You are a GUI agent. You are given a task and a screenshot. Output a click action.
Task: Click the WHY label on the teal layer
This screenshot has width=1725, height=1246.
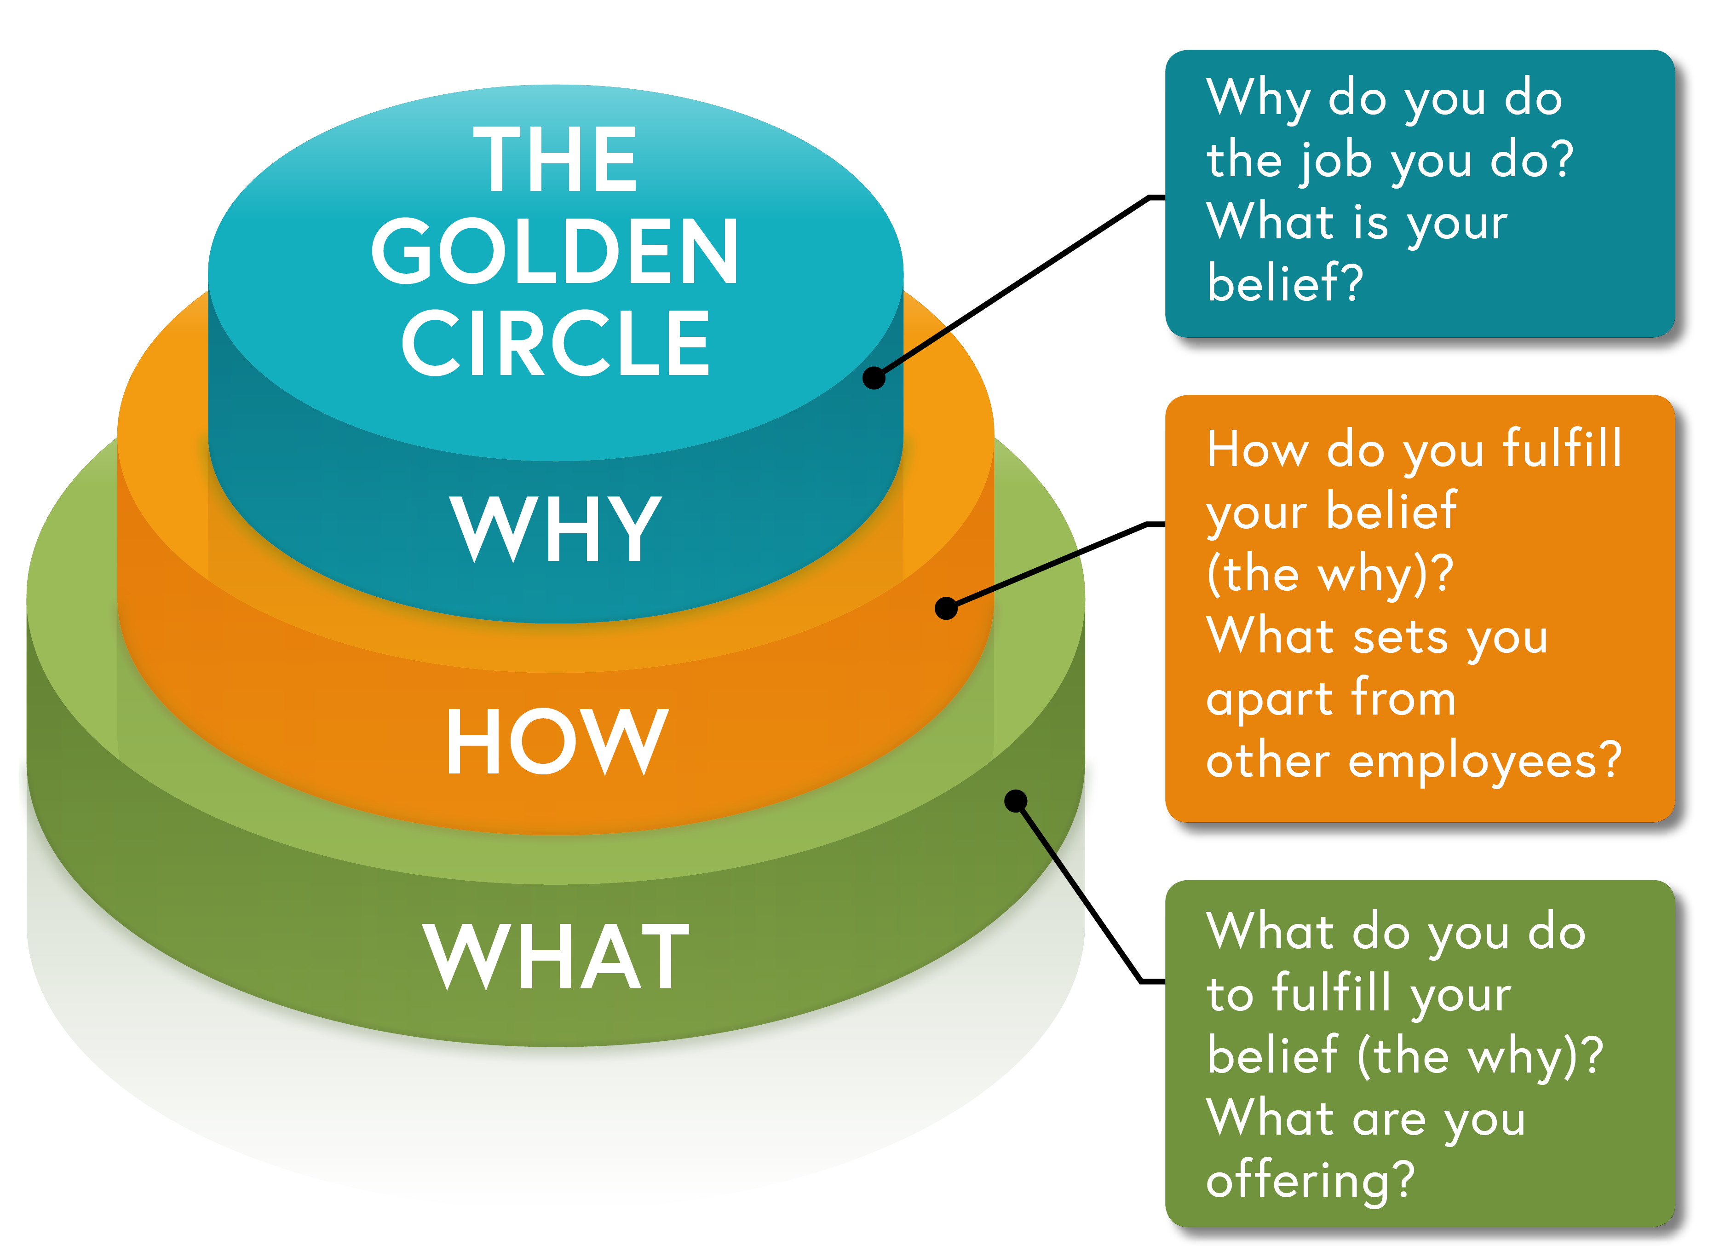(x=555, y=528)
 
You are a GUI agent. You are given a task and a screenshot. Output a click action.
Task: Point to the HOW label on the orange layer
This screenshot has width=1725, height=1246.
(x=557, y=741)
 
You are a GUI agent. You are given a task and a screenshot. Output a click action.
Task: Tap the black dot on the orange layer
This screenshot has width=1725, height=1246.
(x=946, y=609)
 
